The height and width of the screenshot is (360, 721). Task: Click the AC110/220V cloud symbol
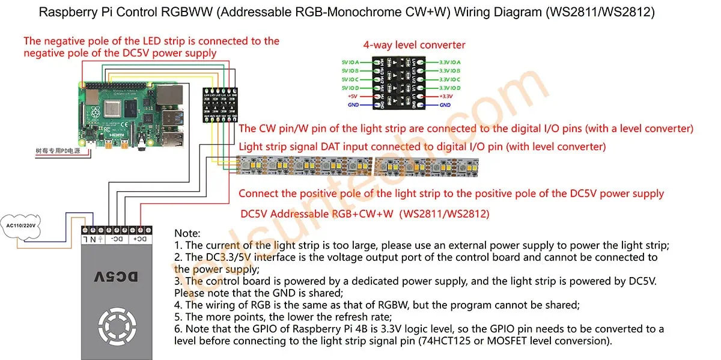coord(22,226)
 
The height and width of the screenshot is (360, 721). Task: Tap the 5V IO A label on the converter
coord(350,62)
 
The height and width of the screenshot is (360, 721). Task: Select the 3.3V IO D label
coord(450,88)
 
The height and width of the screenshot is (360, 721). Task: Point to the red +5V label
coord(353,96)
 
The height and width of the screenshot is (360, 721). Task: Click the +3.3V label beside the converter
coord(446,96)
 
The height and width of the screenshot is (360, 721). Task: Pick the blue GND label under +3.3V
coord(445,105)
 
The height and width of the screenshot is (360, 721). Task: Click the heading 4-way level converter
coord(414,45)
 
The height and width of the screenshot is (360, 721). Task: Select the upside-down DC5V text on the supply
coord(117,276)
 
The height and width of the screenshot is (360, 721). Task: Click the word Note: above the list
coord(187,233)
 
